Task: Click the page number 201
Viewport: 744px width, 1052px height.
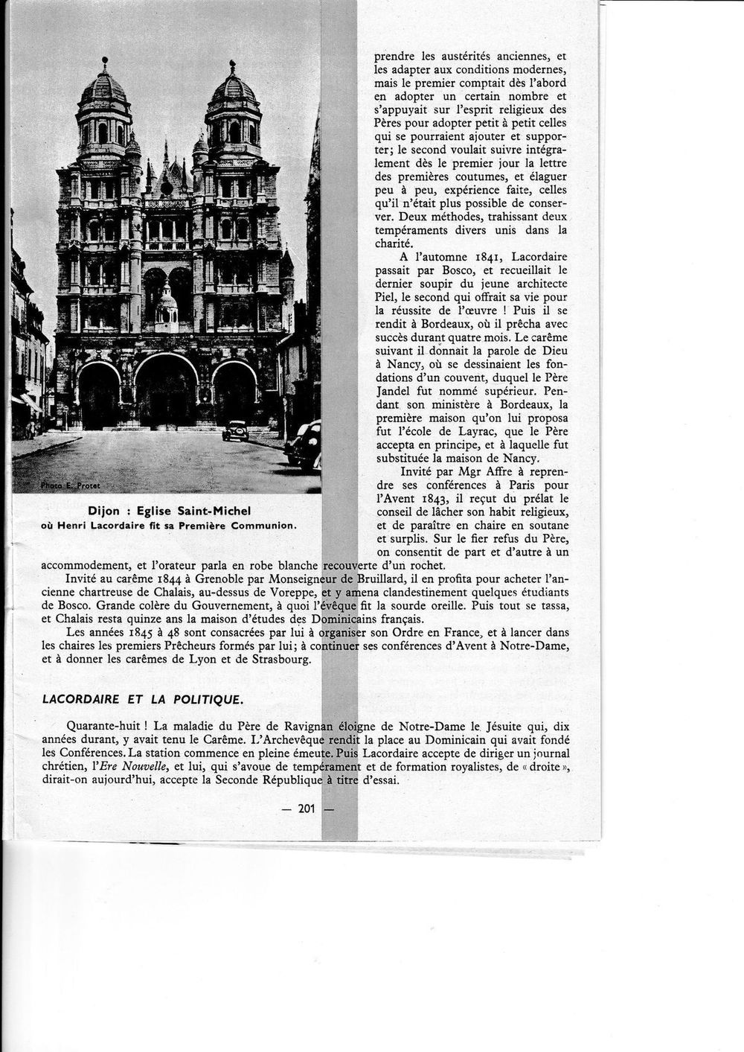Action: coord(307,809)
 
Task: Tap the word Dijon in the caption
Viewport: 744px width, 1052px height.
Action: coord(103,511)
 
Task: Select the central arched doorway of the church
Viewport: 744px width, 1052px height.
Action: coord(166,391)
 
